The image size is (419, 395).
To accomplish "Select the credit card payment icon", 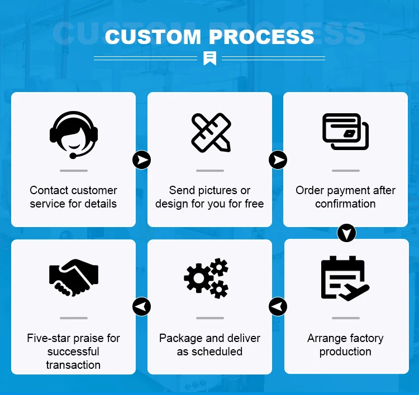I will [x=345, y=132].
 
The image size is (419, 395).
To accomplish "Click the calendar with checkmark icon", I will [x=345, y=278].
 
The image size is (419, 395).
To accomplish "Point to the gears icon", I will [x=207, y=278].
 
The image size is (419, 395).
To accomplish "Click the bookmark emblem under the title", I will [x=209, y=57].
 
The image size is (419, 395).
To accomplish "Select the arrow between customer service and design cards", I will [x=142, y=160].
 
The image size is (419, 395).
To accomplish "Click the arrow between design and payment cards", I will [x=278, y=160].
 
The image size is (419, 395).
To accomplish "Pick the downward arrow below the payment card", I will [x=346, y=233].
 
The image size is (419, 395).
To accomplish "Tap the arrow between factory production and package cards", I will [x=278, y=306].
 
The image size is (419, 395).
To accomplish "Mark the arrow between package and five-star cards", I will [x=141, y=306].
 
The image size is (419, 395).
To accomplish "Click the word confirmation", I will [x=345, y=204].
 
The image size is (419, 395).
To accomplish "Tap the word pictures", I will [x=217, y=190].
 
